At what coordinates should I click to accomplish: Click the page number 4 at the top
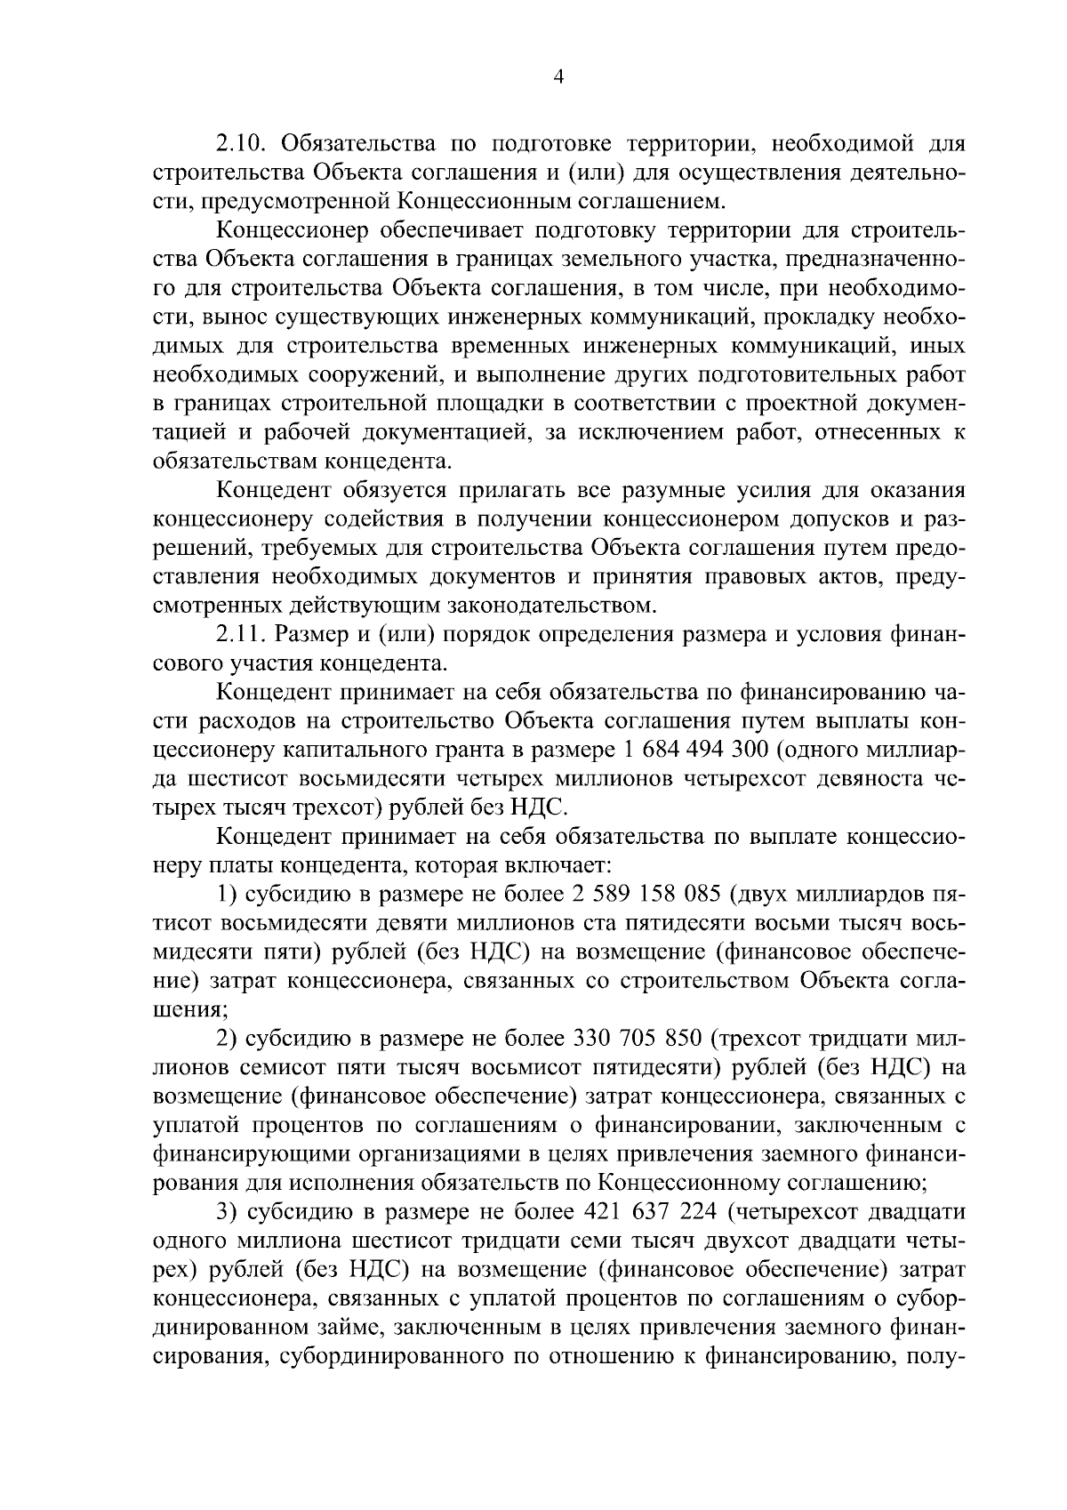click(x=558, y=76)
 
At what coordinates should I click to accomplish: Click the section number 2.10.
click(x=244, y=143)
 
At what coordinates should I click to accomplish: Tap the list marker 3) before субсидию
click(x=228, y=1212)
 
